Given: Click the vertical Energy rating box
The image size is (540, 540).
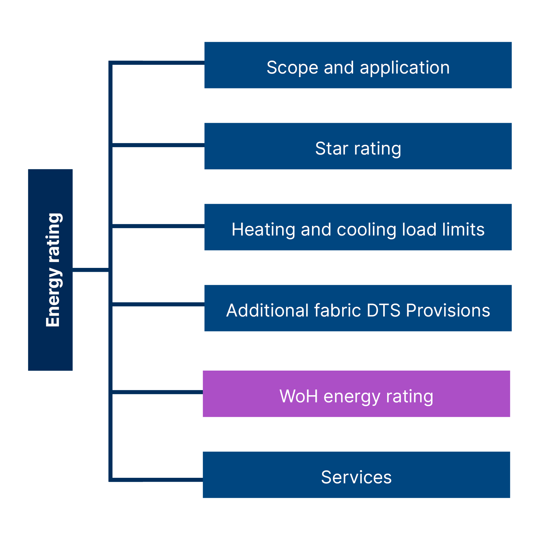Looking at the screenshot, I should click(50, 270).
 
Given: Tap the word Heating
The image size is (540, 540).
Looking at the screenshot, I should click(263, 230).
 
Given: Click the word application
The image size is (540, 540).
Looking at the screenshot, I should click(405, 68).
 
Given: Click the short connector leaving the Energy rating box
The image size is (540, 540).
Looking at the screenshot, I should click(91, 270).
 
